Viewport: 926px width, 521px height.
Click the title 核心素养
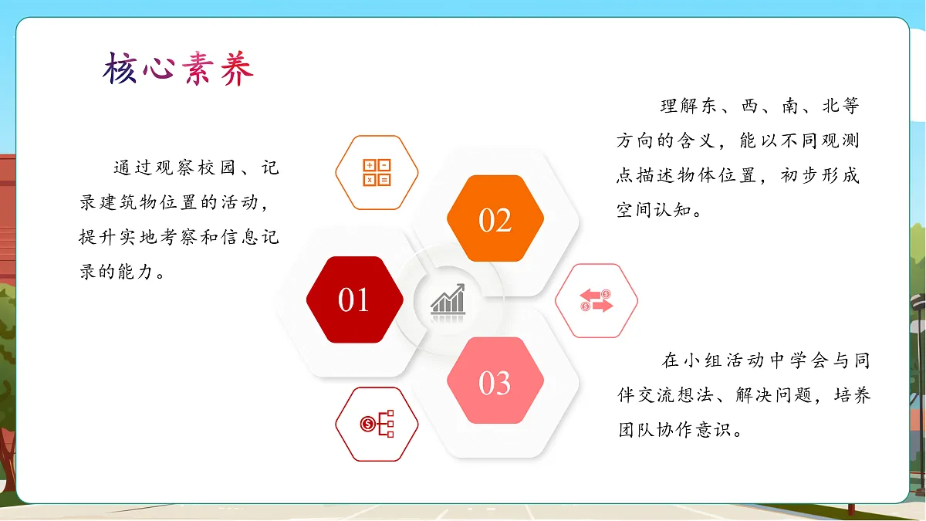(178, 69)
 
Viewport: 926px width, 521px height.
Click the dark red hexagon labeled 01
(354, 299)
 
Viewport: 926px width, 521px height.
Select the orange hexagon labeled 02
(495, 219)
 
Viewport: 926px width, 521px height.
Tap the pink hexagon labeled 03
(495, 381)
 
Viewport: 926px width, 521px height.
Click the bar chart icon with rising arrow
(448, 299)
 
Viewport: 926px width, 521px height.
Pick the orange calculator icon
(377, 172)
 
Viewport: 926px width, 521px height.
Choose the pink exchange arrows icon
(596, 300)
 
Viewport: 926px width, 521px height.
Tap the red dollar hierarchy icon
(377, 424)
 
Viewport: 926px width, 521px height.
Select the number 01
(354, 300)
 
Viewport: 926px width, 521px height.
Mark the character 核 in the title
(120, 69)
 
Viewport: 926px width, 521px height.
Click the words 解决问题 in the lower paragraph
(774, 395)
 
